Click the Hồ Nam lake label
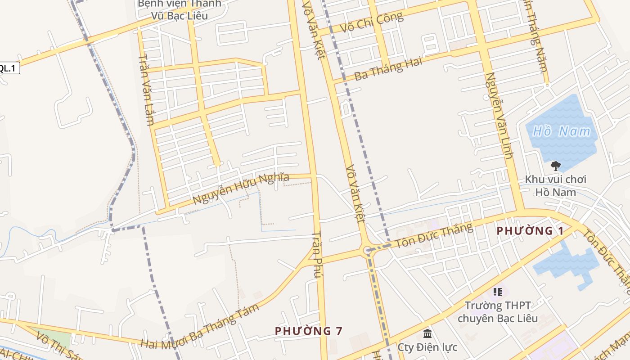(x=561, y=131)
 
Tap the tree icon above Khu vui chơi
(x=556, y=166)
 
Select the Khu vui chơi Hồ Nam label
(x=556, y=186)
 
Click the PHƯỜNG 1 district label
(x=530, y=231)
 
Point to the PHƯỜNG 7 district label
(x=309, y=331)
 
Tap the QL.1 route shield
(x=8, y=68)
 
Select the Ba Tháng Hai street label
(x=388, y=68)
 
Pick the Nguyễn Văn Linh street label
(x=499, y=115)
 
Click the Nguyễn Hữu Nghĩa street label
(x=241, y=188)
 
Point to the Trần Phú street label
(x=318, y=254)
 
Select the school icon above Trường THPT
(x=497, y=292)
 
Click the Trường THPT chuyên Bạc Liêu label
(x=497, y=312)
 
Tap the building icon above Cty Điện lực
(x=427, y=334)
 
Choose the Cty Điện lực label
(x=427, y=347)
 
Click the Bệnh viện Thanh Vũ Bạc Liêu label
(x=179, y=10)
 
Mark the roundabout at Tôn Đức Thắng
(x=367, y=250)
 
